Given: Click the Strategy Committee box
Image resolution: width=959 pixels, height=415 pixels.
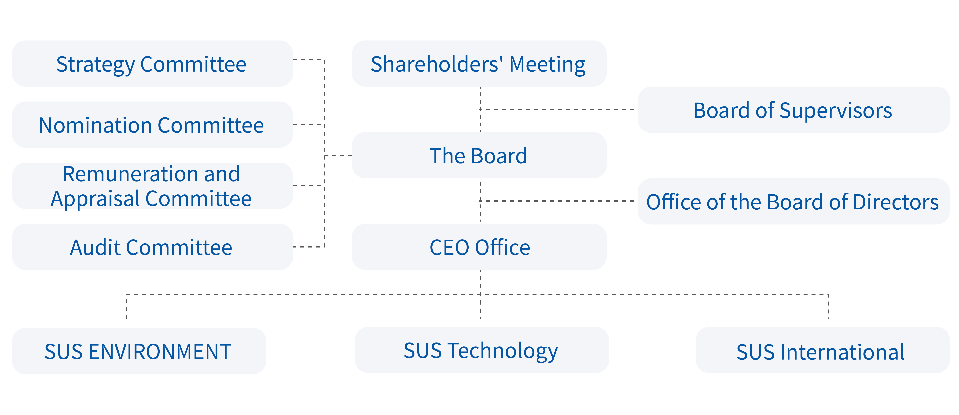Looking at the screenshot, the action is click(x=152, y=64).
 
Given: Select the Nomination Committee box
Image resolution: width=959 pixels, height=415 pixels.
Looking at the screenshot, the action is click(x=152, y=125).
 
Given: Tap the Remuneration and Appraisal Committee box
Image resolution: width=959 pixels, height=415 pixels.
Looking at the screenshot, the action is click(x=152, y=186).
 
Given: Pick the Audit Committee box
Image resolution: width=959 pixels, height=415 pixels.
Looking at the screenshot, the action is click(x=152, y=247).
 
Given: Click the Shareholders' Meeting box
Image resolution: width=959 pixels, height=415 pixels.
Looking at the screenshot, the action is click(x=479, y=64).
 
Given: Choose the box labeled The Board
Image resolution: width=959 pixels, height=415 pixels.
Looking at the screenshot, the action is click(x=479, y=155).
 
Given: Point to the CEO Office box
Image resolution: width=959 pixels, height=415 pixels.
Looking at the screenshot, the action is click(x=479, y=247).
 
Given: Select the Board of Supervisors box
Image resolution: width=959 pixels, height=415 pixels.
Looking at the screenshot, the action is click(x=794, y=110).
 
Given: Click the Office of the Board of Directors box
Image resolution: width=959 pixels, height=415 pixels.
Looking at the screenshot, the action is click(x=794, y=201).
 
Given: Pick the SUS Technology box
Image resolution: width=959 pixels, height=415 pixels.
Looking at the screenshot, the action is click(x=482, y=350).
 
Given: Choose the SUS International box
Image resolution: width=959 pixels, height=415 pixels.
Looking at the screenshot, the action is click(x=823, y=350).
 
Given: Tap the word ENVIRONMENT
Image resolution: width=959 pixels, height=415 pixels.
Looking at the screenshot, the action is click(x=160, y=352).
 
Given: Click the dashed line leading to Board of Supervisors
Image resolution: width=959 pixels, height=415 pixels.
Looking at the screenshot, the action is click(x=559, y=109).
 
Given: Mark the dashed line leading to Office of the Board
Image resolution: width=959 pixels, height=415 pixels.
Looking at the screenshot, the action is click(x=559, y=201).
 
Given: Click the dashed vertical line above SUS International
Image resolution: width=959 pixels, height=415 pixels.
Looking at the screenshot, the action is click(x=828, y=306).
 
